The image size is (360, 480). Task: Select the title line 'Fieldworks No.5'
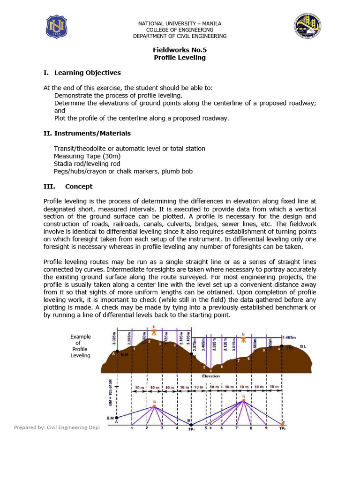click(x=180, y=49)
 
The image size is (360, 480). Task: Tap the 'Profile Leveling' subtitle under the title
click(x=180, y=58)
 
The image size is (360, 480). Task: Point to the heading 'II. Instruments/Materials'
click(x=87, y=134)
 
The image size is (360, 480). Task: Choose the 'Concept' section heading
click(x=78, y=187)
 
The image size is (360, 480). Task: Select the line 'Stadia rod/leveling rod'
click(x=87, y=164)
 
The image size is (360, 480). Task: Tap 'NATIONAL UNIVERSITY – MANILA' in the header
click(x=180, y=23)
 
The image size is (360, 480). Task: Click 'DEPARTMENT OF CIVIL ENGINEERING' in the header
click(x=180, y=36)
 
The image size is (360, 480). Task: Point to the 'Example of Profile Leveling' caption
click(x=80, y=346)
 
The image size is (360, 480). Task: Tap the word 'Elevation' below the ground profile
click(x=211, y=376)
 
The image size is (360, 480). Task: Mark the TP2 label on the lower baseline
click(x=282, y=428)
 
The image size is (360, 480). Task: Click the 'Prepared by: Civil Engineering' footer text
click(x=57, y=427)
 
